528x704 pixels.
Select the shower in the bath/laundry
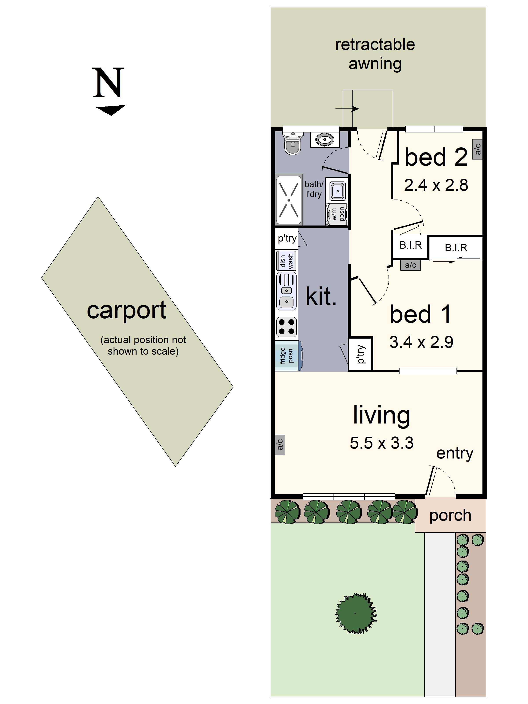289,200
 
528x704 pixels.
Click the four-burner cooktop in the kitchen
286,327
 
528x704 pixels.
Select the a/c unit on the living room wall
280,445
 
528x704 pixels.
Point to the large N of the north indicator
108,83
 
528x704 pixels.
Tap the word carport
126,310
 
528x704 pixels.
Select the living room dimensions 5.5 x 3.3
382,443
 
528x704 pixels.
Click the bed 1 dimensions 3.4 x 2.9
421,342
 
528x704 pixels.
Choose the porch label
450,515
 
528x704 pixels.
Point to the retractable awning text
375,54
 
